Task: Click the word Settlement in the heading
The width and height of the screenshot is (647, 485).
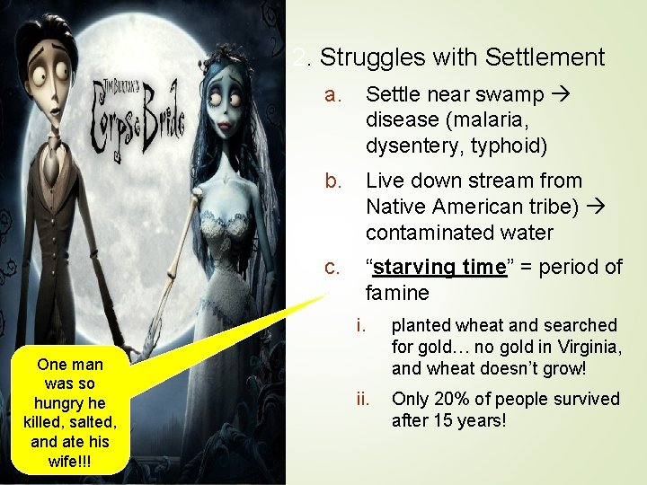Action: pyautogui.click(x=545, y=58)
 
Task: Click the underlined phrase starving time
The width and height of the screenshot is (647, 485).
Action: pyautogui.click(x=440, y=268)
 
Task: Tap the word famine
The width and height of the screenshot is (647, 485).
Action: pyautogui.click(x=397, y=294)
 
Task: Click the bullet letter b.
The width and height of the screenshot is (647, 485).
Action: pyautogui.click(x=333, y=181)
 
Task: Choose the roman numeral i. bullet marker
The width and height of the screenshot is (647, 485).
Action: pyautogui.click(x=360, y=325)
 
